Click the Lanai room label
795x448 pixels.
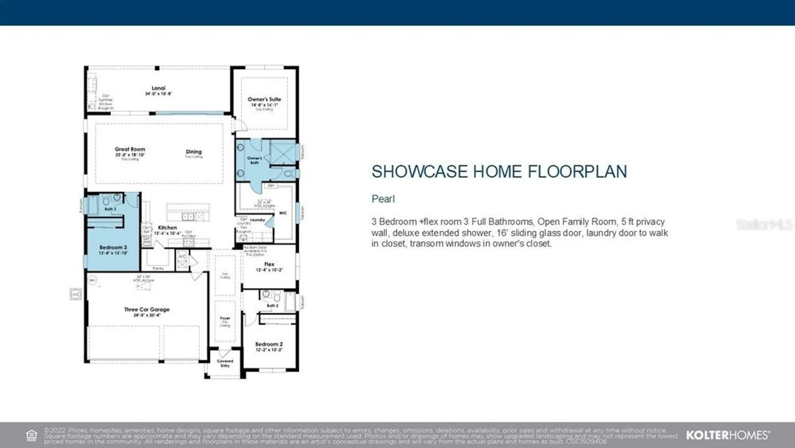pos(158,88)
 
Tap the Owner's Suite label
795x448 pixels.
pos(264,99)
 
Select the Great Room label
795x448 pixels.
pos(130,149)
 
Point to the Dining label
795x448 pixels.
pos(194,152)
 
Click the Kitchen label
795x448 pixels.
pos(167,228)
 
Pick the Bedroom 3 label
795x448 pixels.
pos(113,247)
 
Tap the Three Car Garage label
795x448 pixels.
pos(147,310)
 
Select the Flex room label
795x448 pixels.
pos(269,264)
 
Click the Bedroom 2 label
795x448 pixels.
pos(269,344)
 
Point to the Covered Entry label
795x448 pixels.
pos(225,363)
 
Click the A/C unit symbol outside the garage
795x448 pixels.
pos(76,294)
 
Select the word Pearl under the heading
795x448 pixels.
pos(383,199)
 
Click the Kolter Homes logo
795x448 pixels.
pos(728,435)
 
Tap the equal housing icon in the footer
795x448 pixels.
pos(31,435)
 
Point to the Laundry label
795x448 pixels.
pos(258,220)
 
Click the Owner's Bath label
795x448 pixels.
pos(254,160)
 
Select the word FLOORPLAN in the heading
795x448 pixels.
pos(577,172)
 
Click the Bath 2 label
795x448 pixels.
pos(272,306)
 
